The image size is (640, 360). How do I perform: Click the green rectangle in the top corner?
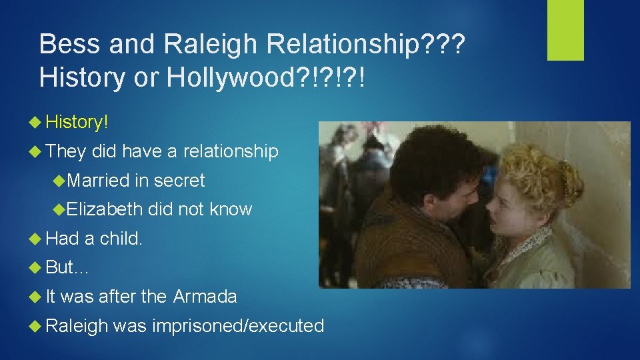pyautogui.click(x=565, y=29)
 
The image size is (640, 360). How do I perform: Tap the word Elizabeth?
pyautogui.click(x=105, y=209)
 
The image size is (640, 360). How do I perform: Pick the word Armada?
pyautogui.click(x=205, y=297)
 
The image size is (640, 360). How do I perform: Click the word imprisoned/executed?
pyautogui.click(x=238, y=326)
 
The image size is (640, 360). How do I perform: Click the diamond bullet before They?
pyautogui.click(x=37, y=152)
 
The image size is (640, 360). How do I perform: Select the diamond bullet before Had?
pyautogui.click(x=37, y=239)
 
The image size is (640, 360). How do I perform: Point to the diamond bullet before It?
pyautogui.click(x=37, y=297)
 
